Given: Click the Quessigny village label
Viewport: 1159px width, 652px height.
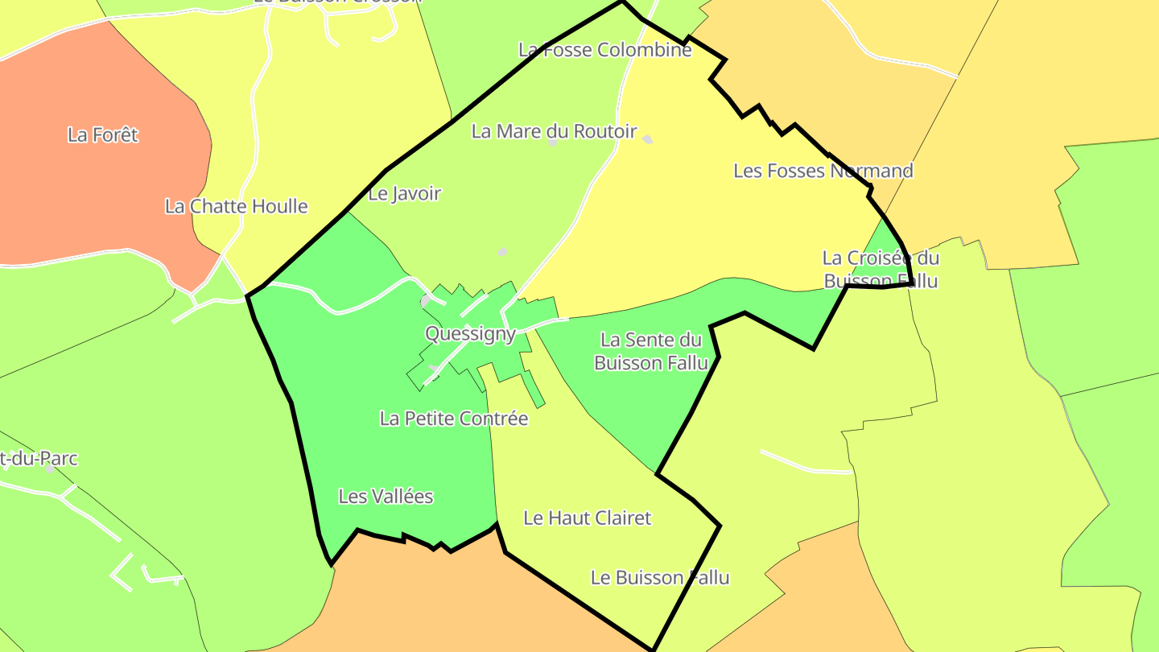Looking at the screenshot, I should coord(470,334).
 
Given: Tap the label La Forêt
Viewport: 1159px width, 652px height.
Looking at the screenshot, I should coord(103,134).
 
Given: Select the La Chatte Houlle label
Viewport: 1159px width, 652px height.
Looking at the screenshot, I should coord(236,206).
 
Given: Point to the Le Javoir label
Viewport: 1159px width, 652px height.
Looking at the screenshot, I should coord(405,193).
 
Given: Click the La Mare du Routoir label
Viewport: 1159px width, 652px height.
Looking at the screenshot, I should coord(554,131).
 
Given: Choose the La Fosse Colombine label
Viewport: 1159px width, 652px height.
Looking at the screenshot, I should coord(604,50).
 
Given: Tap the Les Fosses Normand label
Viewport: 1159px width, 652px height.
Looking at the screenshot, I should coord(823,171).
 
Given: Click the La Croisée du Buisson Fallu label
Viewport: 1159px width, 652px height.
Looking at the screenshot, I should coord(881,269).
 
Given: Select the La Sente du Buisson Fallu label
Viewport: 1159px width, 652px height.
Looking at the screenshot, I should coord(651,351).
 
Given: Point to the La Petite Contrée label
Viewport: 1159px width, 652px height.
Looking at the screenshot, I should coord(454,419).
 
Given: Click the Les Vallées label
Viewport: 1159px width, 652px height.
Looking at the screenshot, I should coord(386,497).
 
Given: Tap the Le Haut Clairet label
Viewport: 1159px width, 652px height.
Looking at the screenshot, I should coord(587,518).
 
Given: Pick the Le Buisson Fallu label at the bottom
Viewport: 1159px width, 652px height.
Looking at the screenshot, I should coord(660,577).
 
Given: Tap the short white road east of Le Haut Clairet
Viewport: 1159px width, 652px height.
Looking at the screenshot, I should coord(805,464).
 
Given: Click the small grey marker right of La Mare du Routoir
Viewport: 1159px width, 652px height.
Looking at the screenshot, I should coord(648,139).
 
